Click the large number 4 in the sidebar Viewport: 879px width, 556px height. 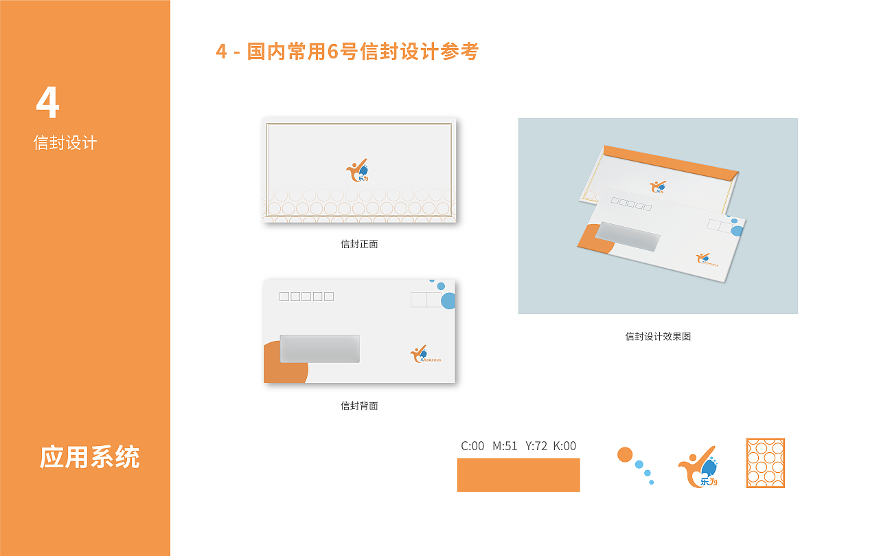coord(47,102)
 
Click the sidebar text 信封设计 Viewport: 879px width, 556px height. coord(65,143)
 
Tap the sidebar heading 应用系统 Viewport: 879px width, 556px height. coord(89,457)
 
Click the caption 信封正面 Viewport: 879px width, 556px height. coord(359,244)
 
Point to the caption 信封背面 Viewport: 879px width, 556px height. coord(359,405)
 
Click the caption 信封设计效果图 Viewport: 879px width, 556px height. coord(658,336)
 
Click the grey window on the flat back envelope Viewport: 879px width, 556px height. coord(319,348)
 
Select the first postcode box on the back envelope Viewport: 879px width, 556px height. coord(284,297)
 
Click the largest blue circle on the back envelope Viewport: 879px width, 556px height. coord(448,300)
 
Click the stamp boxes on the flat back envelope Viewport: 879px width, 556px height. coord(426,300)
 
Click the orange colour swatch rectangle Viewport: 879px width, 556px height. coord(518,475)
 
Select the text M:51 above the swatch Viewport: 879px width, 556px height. coord(505,446)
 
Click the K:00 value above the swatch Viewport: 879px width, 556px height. coord(564,446)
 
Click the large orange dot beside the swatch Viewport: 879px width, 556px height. coord(624,454)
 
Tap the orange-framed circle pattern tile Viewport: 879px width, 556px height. coord(765,463)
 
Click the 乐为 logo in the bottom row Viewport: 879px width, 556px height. coord(698,467)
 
